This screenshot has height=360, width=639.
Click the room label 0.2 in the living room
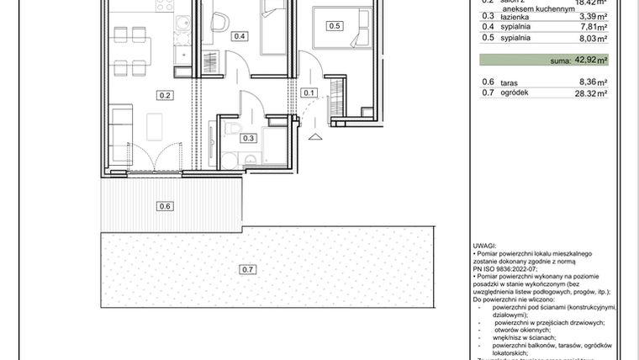pyautogui.click(x=165, y=95)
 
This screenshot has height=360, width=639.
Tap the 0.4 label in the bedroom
pyautogui.click(x=240, y=36)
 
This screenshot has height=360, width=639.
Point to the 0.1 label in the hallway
pyautogui.click(x=309, y=93)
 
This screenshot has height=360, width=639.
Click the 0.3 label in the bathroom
pyautogui.click(x=248, y=138)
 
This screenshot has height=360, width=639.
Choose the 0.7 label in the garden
pyautogui.click(x=247, y=269)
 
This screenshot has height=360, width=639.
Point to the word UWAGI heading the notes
pyautogui.click(x=485, y=245)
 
